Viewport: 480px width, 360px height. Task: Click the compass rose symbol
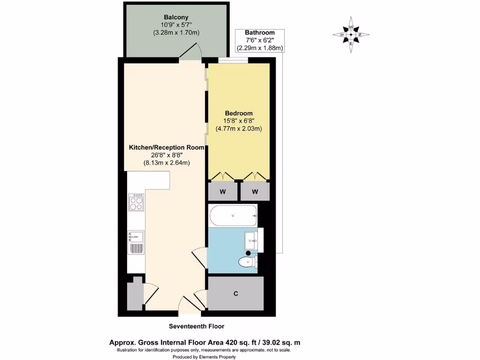click(351, 34)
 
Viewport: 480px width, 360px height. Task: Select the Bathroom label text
click(259, 32)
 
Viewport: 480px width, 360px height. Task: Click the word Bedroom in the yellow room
click(239, 113)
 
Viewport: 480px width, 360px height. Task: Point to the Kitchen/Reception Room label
click(166, 147)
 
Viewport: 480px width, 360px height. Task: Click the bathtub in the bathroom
click(233, 216)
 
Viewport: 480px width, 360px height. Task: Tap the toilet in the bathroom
click(247, 262)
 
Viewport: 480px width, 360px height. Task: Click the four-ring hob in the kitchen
click(136, 203)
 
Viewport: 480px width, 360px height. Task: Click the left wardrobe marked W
click(222, 191)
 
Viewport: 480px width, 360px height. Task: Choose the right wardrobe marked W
click(255, 191)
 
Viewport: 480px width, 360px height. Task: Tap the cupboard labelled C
click(236, 294)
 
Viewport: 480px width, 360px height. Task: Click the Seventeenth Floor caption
click(196, 326)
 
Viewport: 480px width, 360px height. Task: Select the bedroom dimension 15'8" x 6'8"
click(239, 120)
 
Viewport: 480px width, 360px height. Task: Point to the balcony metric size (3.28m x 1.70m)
click(176, 33)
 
